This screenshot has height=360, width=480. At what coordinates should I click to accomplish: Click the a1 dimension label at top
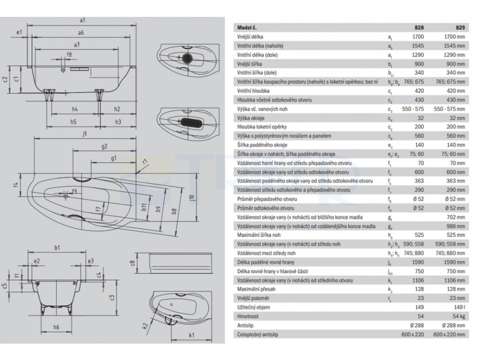click(x=82, y=20)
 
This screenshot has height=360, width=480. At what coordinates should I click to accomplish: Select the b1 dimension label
click(x=57, y=247)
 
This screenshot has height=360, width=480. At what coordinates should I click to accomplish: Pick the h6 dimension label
click(x=56, y=326)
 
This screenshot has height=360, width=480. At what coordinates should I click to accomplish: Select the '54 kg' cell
click(x=458, y=316)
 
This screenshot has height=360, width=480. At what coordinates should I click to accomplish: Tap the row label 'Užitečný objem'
click(x=254, y=307)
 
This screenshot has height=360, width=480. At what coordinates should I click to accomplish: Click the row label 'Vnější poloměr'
click(x=253, y=298)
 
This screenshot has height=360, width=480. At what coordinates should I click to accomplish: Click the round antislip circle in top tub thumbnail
click(x=188, y=59)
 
